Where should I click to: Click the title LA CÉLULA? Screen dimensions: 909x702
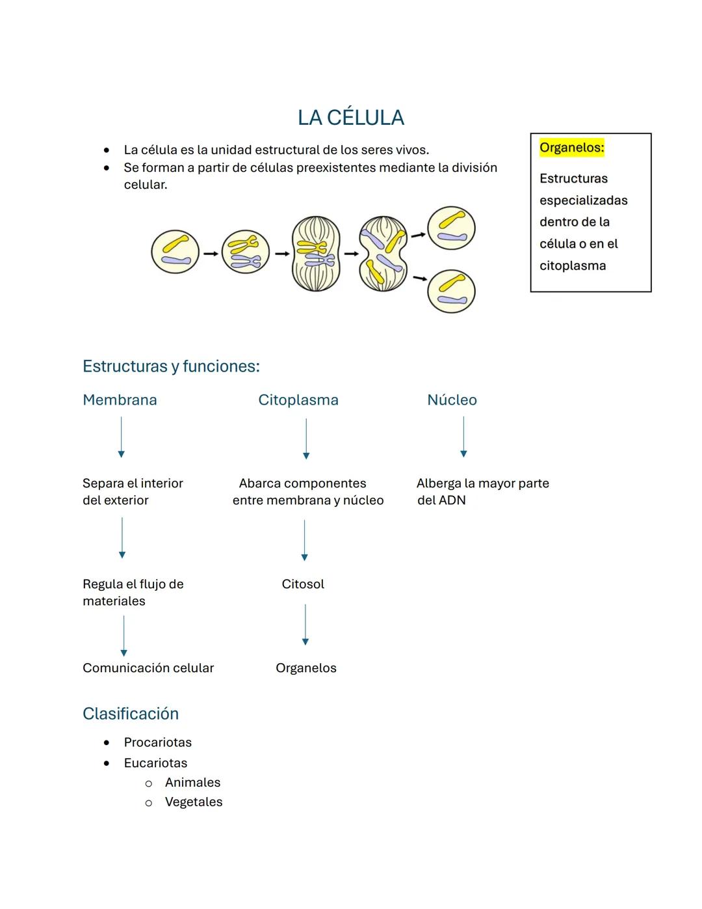tap(350, 118)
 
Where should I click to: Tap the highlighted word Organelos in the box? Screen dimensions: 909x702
tap(571, 148)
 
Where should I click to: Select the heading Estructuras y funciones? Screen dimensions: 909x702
tap(171, 366)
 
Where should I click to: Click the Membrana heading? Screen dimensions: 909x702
tap(120, 400)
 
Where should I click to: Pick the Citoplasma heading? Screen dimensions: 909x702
tap(298, 400)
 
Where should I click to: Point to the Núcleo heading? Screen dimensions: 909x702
tap(452, 400)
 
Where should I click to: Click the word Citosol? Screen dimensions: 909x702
tap(303, 584)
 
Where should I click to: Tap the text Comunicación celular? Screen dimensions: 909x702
tap(148, 668)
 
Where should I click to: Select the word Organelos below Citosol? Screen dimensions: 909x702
tap(306, 668)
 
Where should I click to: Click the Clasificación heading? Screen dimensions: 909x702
tap(131, 714)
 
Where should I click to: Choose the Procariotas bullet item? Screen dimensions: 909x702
tap(158, 742)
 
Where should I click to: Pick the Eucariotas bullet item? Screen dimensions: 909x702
tap(155, 763)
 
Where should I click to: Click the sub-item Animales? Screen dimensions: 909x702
tap(192, 783)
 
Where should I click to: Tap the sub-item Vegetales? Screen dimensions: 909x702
tap(194, 802)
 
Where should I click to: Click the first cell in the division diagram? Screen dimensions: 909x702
tap(175, 252)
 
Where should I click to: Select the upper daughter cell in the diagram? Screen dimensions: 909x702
tap(451, 228)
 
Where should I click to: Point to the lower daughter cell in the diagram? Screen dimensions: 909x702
tap(451, 292)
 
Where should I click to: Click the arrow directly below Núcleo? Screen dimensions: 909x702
tap(463, 437)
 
